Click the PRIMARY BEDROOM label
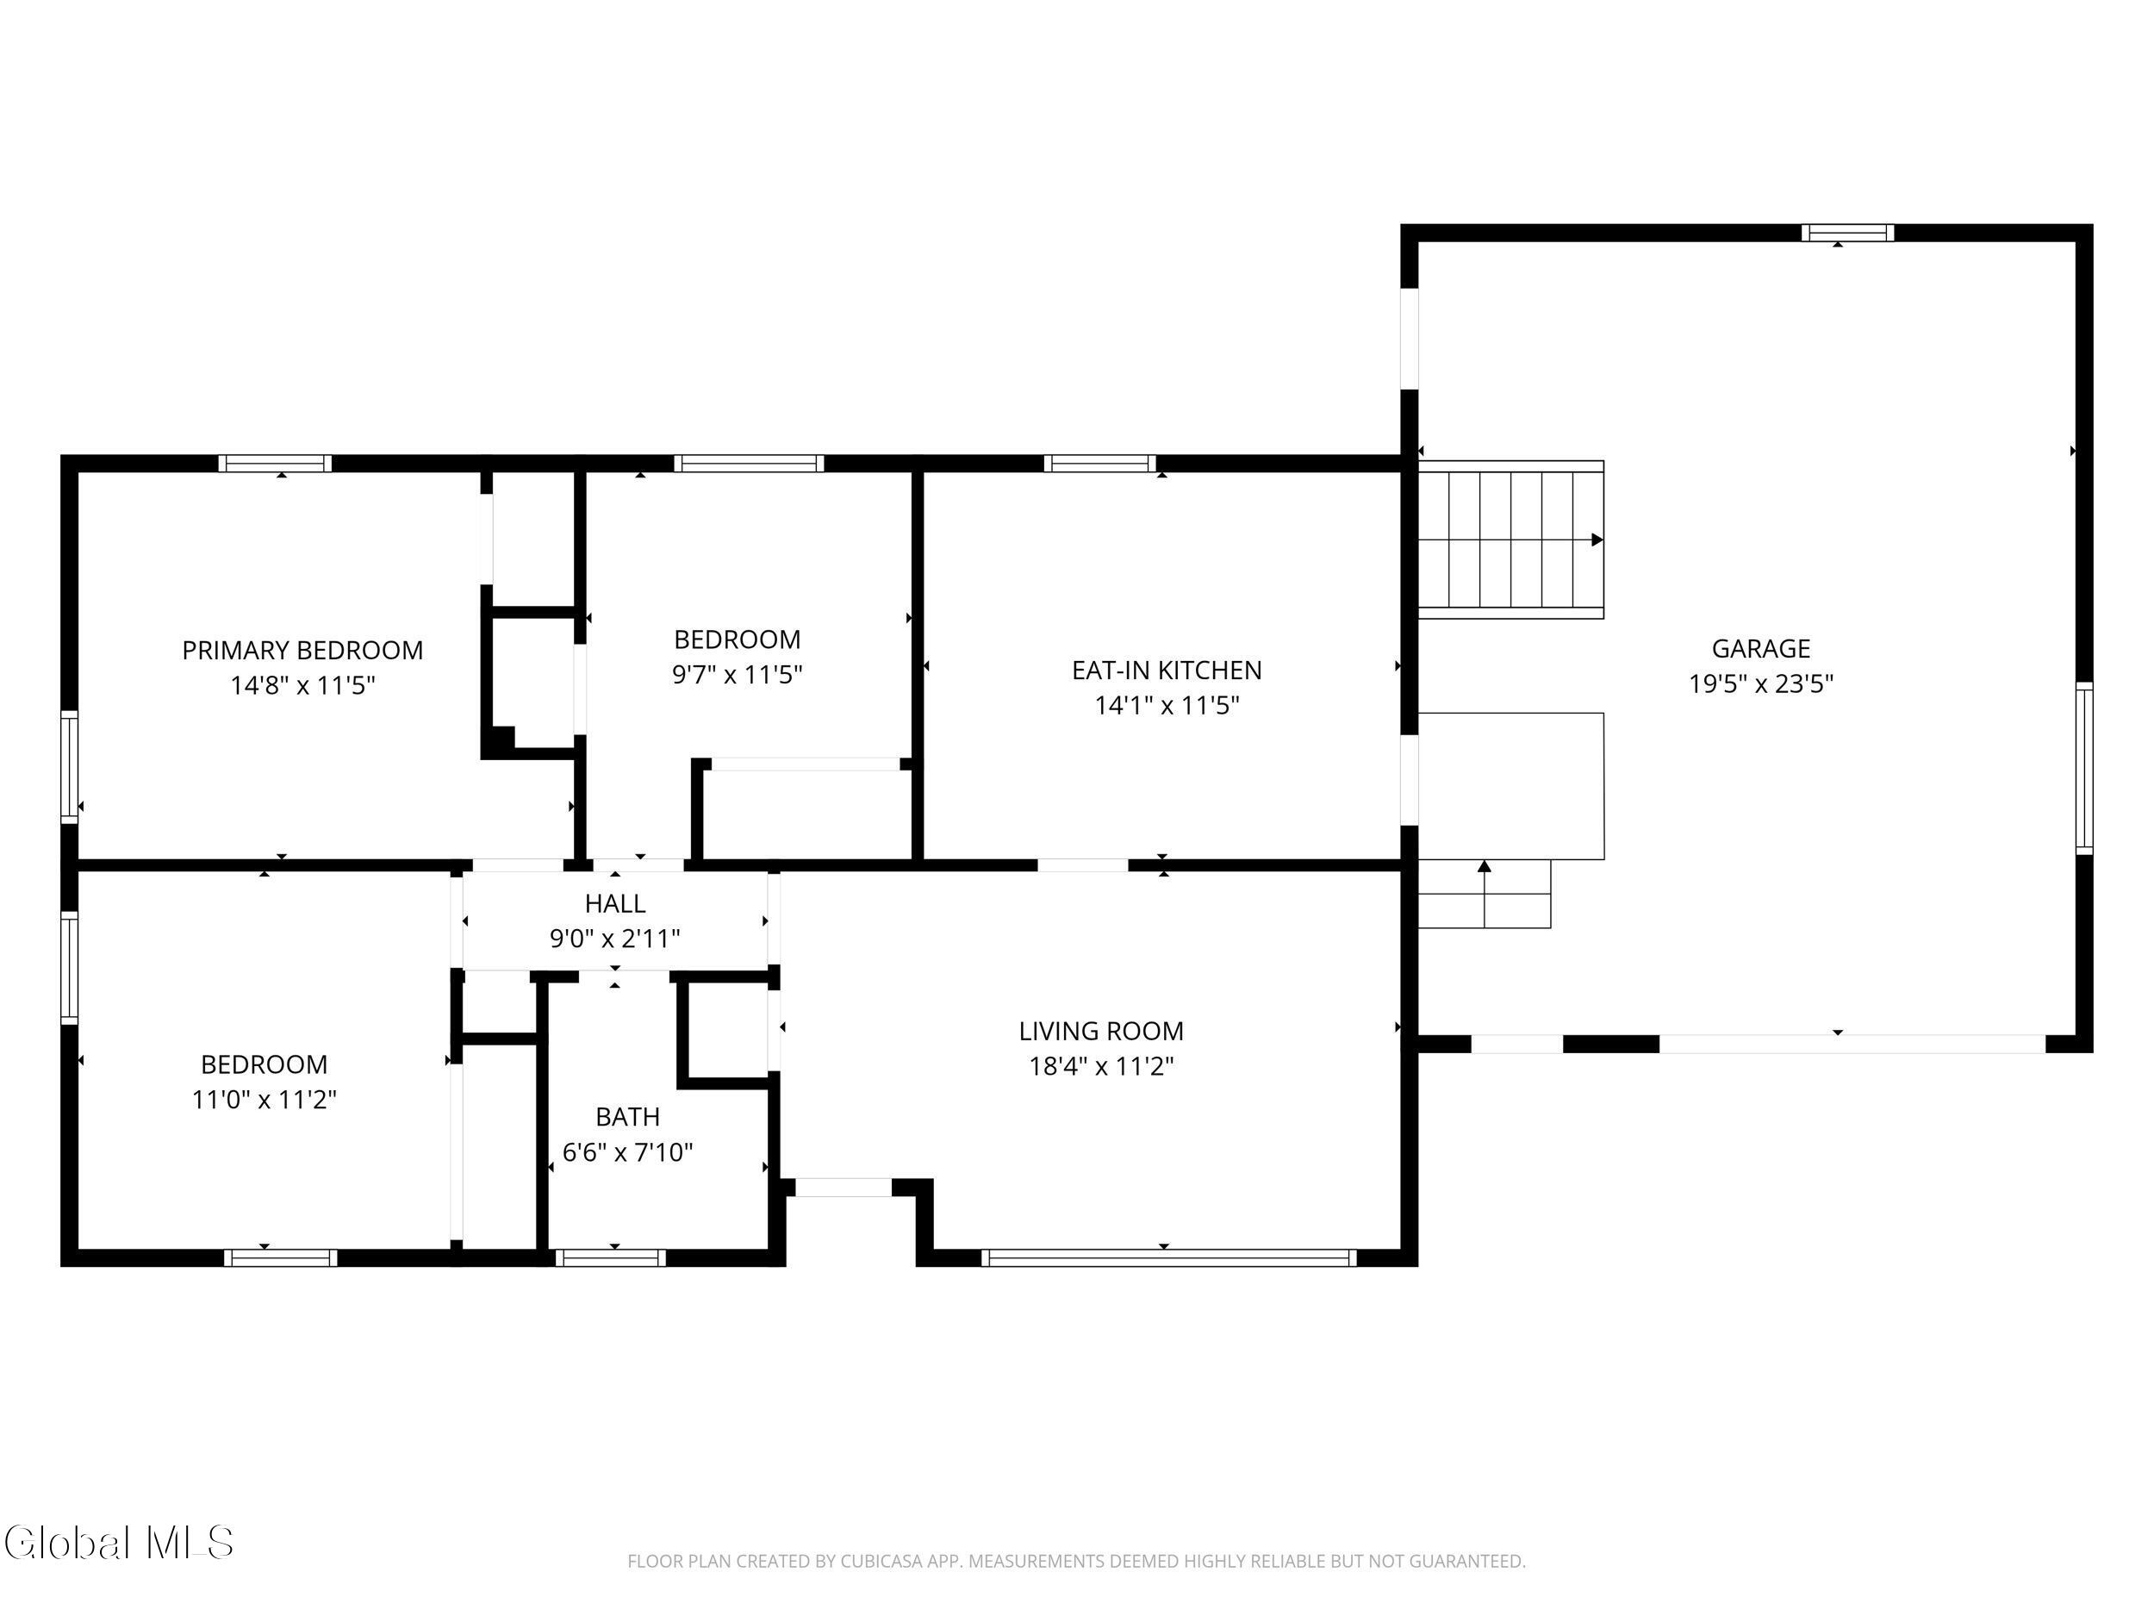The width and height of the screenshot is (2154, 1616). click(x=302, y=650)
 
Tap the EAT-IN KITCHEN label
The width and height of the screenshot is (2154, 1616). click(x=1167, y=671)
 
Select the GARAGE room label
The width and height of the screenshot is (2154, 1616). click(x=1760, y=649)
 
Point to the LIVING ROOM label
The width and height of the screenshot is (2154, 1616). click(x=1101, y=1031)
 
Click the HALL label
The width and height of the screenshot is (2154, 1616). click(x=614, y=903)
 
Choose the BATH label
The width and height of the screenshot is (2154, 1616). click(x=627, y=1116)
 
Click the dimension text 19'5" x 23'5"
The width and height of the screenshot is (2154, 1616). click(x=1760, y=683)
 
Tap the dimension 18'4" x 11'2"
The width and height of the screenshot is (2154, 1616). click(x=1101, y=1065)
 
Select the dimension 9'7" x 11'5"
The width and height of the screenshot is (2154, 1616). click(x=738, y=674)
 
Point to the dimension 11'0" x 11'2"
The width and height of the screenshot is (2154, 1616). click(x=264, y=1099)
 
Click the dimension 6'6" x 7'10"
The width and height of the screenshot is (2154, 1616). click(x=627, y=1152)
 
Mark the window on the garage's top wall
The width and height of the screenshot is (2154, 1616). click(x=1847, y=233)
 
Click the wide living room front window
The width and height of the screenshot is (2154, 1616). click(x=1168, y=1257)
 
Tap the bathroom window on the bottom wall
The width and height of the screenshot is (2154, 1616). click(x=611, y=1257)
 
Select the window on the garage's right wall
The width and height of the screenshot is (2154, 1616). click(x=2084, y=769)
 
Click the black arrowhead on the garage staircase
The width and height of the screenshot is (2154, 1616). click(x=1597, y=540)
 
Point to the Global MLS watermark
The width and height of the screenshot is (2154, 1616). click(x=119, y=1542)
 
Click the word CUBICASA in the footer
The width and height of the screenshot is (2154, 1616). click(x=881, y=1562)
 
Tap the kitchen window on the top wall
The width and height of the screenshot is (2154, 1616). click(x=1100, y=464)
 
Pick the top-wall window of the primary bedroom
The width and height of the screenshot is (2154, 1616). click(x=275, y=464)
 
